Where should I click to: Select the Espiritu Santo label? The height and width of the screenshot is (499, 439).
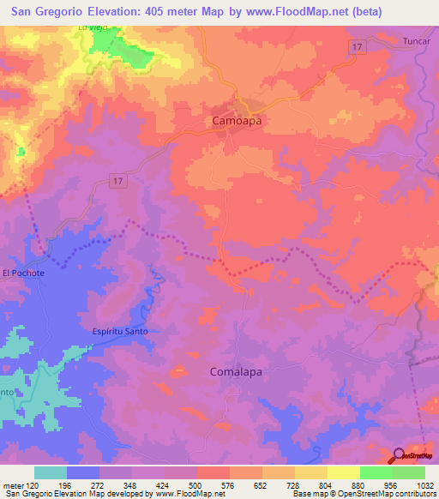119,331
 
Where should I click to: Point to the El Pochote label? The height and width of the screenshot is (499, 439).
22,273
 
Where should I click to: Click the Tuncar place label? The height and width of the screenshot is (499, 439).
415,41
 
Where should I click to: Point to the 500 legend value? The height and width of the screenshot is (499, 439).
196,484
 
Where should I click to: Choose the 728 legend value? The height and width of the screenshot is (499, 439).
294,484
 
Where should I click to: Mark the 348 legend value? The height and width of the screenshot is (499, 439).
131,484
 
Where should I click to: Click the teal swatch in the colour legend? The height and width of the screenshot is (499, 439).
51,472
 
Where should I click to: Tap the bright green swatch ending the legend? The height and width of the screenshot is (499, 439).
409,472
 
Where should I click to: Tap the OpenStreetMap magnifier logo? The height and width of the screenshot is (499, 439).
400,455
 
